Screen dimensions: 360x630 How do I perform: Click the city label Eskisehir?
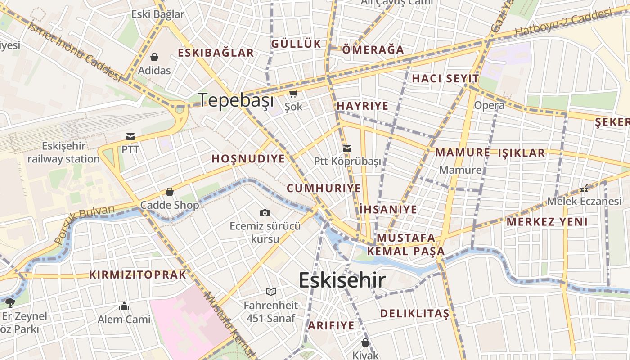[x=342, y=280]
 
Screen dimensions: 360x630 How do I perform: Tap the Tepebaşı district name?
[x=236, y=100]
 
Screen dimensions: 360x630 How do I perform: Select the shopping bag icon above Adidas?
[x=154, y=57]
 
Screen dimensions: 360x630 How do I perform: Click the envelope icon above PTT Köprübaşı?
[x=347, y=148]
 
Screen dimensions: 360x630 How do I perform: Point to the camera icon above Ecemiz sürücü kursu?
[x=265, y=213]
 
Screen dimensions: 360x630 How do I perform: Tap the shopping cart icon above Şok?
[x=293, y=94]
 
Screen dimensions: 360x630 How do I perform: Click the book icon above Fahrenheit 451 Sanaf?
[x=270, y=292]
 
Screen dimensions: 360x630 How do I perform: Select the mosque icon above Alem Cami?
[x=124, y=306]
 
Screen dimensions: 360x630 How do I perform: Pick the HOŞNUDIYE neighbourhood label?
[x=248, y=159]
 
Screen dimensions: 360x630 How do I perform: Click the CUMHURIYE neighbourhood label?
[x=324, y=188]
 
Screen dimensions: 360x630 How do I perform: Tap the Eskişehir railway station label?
[x=63, y=153]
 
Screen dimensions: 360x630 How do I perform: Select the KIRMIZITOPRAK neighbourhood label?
[x=138, y=274]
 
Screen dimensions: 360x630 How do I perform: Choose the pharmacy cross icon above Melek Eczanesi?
[x=584, y=189]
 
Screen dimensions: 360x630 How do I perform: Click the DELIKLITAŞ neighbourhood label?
[x=414, y=313]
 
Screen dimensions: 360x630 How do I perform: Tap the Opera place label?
[x=489, y=105]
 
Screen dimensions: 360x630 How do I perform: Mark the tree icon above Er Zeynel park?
[x=10, y=302]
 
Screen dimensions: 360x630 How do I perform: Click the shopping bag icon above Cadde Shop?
[x=170, y=192]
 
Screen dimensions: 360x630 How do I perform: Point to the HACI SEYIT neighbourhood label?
[x=445, y=78]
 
